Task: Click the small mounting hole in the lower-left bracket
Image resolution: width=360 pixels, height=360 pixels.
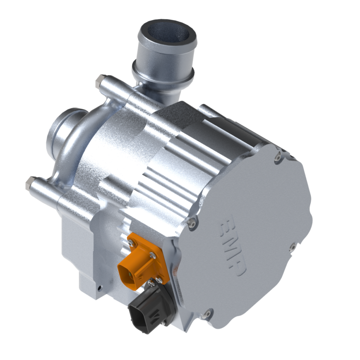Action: click(100, 286)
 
